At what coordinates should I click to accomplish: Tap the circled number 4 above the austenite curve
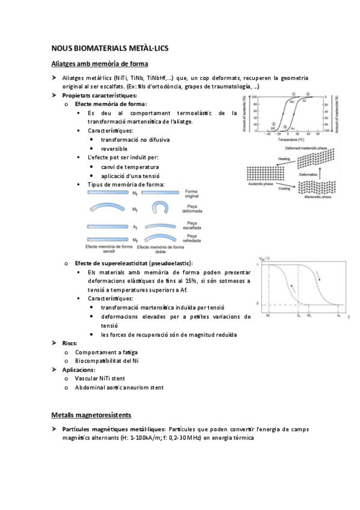pos(308,94)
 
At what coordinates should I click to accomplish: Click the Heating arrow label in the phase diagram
pos(267,159)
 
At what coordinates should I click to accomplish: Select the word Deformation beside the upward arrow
pos(310,175)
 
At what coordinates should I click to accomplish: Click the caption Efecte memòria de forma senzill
pos(108,250)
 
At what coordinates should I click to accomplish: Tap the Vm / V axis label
pos(262,259)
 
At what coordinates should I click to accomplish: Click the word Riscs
pos(70,343)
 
